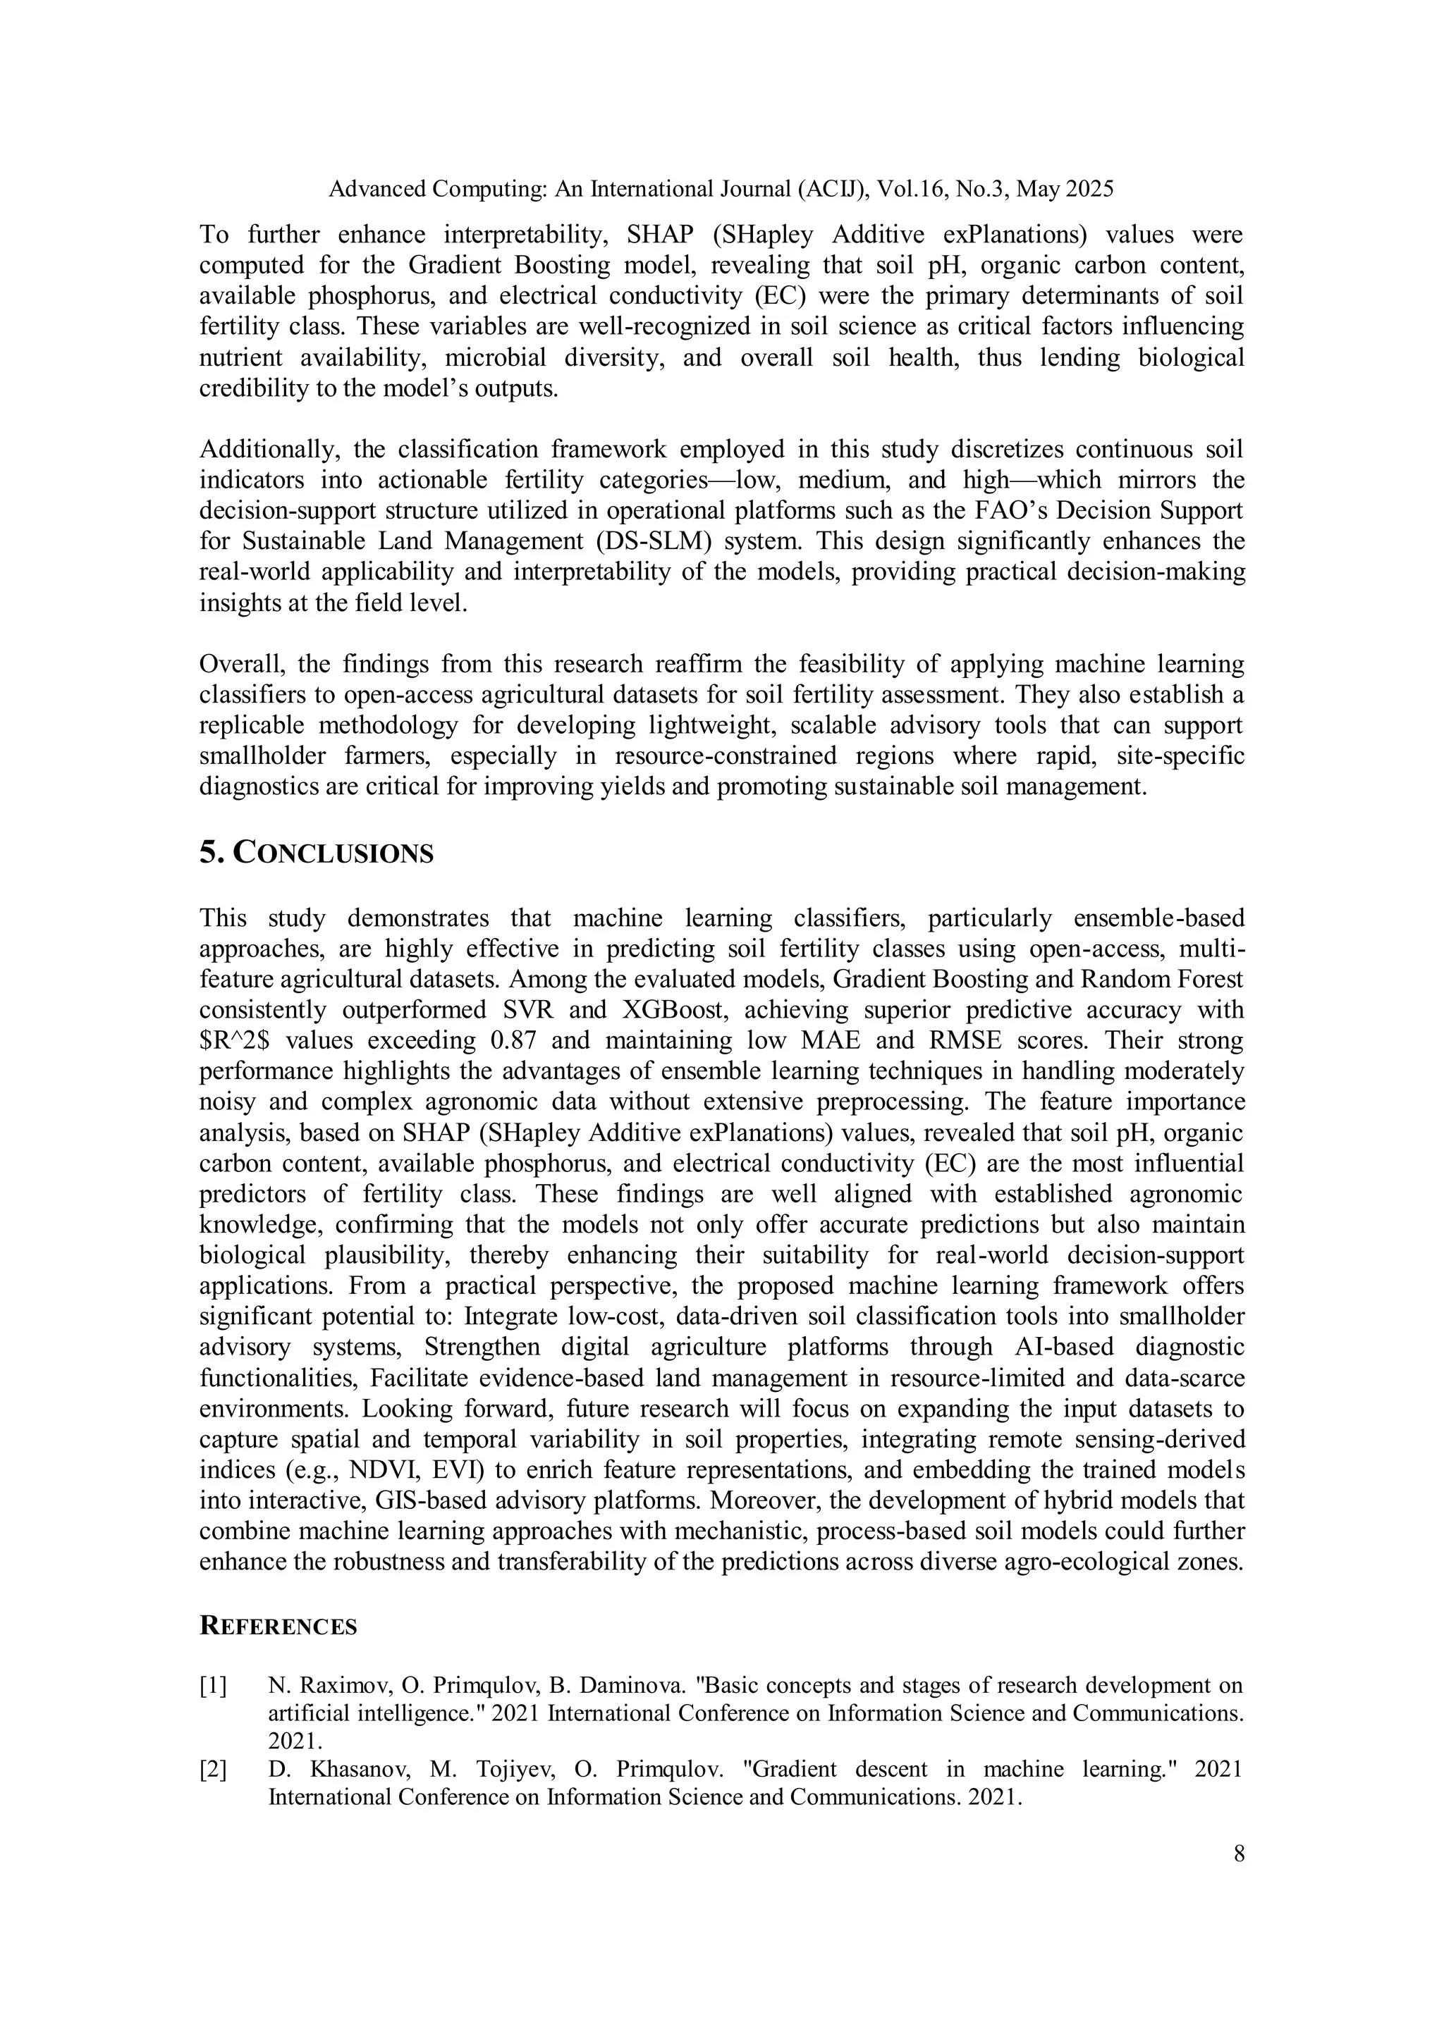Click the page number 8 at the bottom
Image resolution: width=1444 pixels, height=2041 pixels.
(x=1239, y=1854)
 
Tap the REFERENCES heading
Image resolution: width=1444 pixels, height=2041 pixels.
(x=279, y=1627)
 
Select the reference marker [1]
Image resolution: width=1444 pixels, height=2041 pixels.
(x=214, y=1685)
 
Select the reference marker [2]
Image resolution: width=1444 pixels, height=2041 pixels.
(x=214, y=1769)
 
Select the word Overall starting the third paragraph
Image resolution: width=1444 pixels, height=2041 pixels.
(x=240, y=664)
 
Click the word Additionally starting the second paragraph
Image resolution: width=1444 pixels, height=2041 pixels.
(x=265, y=449)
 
